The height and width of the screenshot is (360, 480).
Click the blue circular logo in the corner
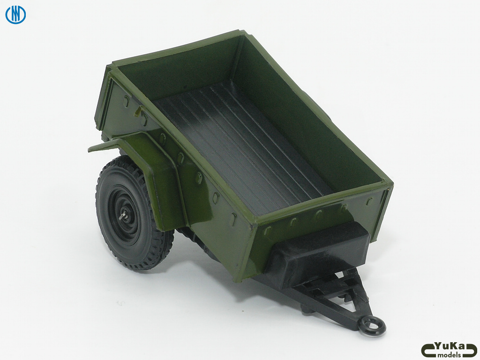tap(15, 15)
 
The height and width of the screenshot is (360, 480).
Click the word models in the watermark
tap(449, 355)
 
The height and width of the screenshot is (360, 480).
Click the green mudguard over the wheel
tap(159, 178)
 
